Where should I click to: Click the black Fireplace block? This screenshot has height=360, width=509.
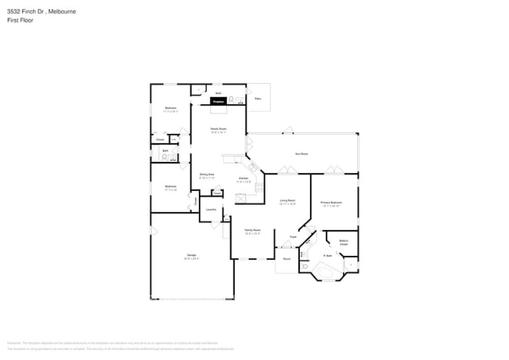pos(218,102)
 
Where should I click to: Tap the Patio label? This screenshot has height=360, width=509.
pos(258,99)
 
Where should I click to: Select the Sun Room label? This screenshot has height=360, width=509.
pos(301,153)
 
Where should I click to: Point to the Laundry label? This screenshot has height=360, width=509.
pos(211,209)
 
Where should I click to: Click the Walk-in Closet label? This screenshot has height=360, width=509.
pos(343,243)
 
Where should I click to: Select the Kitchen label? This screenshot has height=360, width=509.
pos(244,178)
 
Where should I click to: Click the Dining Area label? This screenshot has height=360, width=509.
pos(207,176)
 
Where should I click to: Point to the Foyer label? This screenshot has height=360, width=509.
pos(293,236)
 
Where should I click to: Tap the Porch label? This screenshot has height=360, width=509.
pos(287,258)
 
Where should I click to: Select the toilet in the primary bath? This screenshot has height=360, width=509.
pos(304,267)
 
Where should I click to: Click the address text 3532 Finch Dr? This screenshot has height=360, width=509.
pos(24,12)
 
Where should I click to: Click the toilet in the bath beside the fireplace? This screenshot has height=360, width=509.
pos(240,101)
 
